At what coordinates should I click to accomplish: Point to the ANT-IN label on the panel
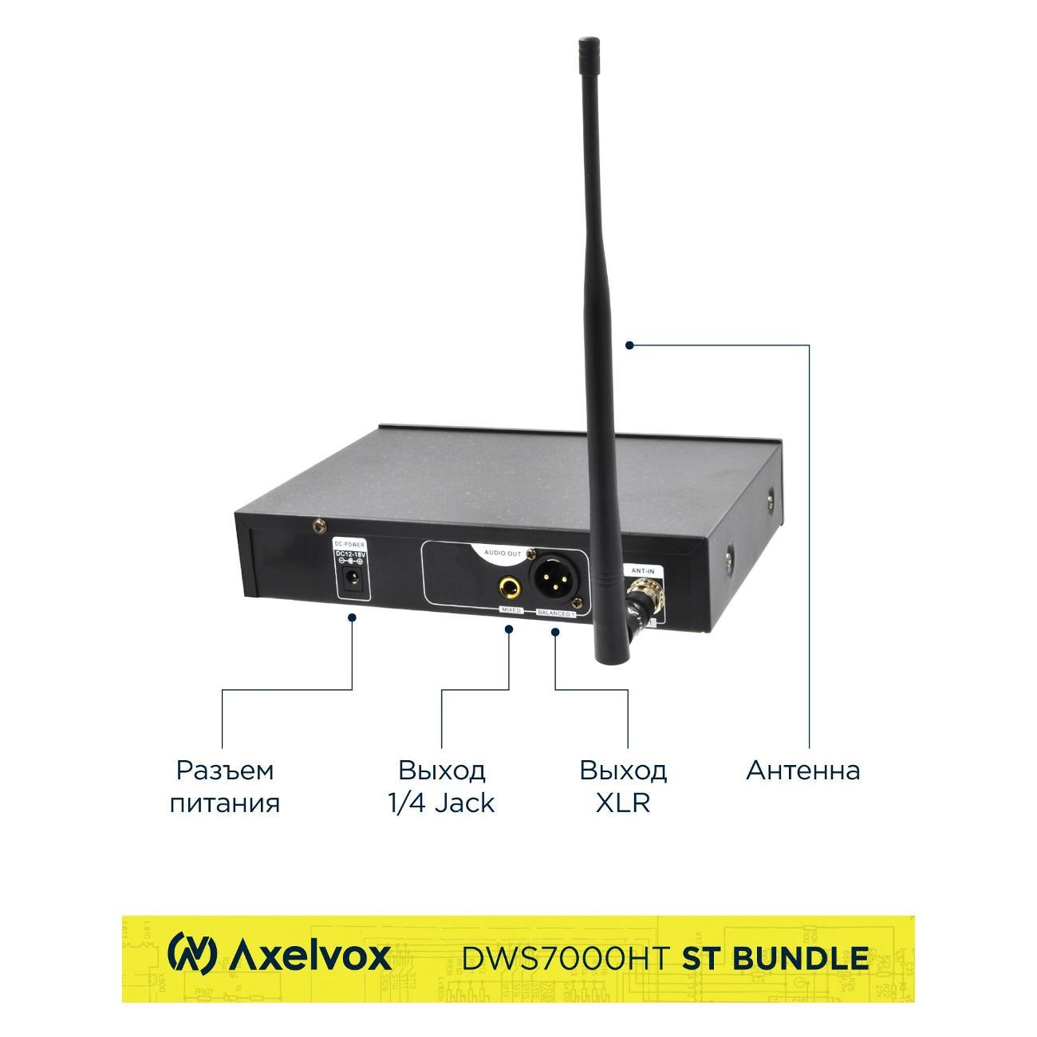pyautogui.click(x=643, y=570)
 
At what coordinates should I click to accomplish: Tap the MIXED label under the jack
pyautogui.click(x=511, y=610)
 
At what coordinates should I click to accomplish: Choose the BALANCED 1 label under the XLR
pyautogui.click(x=557, y=614)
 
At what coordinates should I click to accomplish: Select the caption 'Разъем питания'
pyautogui.click(x=225, y=786)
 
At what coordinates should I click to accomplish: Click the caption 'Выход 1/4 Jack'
pyautogui.click(x=441, y=786)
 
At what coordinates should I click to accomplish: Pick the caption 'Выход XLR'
pyautogui.click(x=623, y=786)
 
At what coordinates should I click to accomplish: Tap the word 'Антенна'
pyautogui.click(x=802, y=771)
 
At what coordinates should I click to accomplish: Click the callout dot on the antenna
pyautogui.click(x=629, y=345)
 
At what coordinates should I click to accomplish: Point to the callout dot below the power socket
pyautogui.click(x=353, y=617)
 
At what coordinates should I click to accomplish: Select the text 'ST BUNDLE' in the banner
pyautogui.click(x=775, y=956)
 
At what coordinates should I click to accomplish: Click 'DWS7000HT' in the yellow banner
pyautogui.click(x=564, y=956)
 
